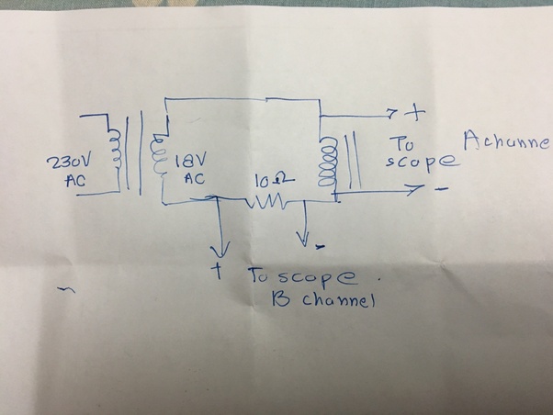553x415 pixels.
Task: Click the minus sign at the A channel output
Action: point(442,192)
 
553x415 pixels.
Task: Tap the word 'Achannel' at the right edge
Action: point(508,142)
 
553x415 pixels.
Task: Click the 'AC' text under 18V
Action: point(194,178)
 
